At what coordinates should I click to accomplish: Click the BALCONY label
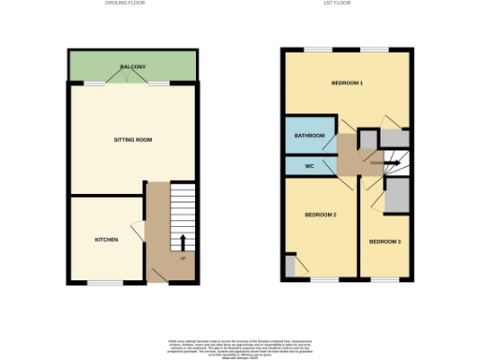click(132, 67)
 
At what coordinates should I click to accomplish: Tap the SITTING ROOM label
click(132, 140)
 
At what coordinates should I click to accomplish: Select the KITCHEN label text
click(106, 240)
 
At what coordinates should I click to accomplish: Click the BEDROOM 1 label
click(347, 83)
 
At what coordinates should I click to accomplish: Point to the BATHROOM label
click(309, 137)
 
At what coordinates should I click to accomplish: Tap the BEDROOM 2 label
click(320, 215)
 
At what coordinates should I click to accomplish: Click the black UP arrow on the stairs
click(182, 243)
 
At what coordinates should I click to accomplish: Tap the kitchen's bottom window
click(106, 281)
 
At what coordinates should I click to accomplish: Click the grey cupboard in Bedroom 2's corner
click(290, 266)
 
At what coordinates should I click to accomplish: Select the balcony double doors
click(131, 82)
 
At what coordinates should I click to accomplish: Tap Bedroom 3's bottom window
click(386, 278)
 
